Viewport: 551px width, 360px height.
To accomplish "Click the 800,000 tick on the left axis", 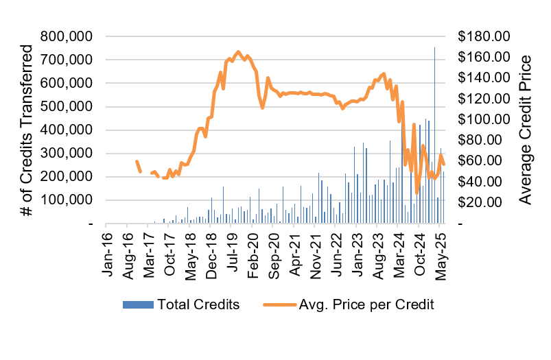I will [x=70, y=36].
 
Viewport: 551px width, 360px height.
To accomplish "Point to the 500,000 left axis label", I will [x=70, y=106].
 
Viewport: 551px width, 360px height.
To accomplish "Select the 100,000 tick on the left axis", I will [x=70, y=200].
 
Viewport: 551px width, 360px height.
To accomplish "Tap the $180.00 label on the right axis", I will [x=483, y=36].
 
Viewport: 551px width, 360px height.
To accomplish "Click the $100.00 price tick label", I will [x=483, y=119].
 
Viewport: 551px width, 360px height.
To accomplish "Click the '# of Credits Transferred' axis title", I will [x=28, y=130].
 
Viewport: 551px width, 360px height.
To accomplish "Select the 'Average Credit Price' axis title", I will [x=526, y=130].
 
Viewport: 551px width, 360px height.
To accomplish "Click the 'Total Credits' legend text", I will [x=198, y=304].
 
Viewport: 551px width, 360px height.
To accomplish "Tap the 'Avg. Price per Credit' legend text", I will [x=367, y=304].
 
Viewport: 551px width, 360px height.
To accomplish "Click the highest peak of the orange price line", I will [x=238, y=52].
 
